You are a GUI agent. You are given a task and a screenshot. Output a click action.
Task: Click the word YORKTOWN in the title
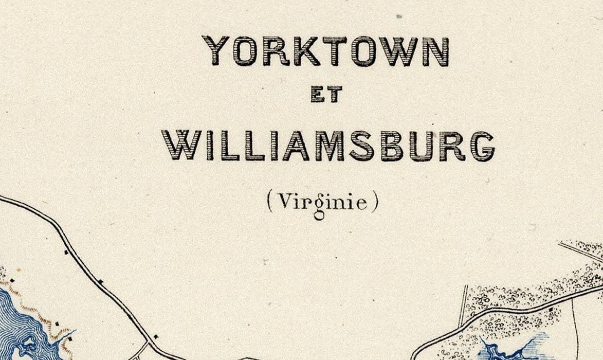(326, 51)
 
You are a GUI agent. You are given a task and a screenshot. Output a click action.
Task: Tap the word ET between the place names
(326, 95)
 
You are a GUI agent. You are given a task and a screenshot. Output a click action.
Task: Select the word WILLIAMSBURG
(328, 146)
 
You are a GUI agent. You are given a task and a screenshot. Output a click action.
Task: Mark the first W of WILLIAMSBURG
(180, 146)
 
